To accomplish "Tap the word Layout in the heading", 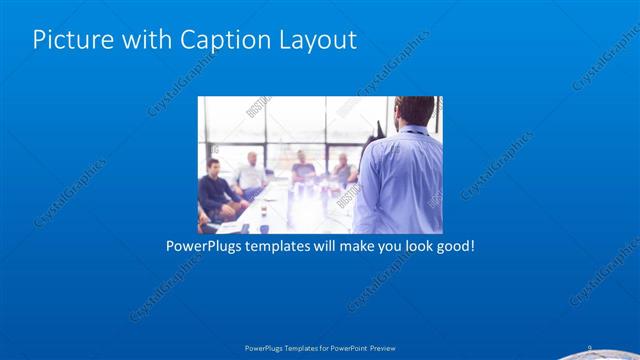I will click(313, 40).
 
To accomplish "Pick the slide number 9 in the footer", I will click(589, 347).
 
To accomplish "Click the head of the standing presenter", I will click(412, 111).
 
